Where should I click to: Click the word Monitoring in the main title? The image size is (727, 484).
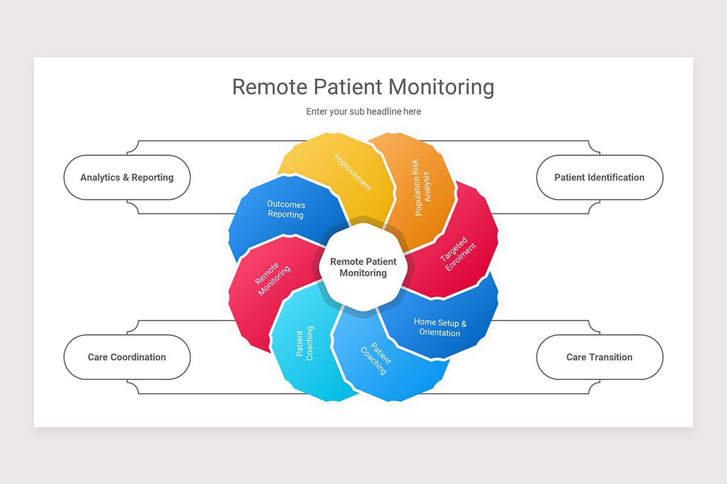pyautogui.click(x=441, y=87)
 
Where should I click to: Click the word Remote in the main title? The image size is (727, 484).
pyautogui.click(x=270, y=87)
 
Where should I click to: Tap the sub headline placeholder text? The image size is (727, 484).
pyautogui.click(x=363, y=111)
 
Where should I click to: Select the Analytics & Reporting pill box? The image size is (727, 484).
pyautogui.click(x=127, y=177)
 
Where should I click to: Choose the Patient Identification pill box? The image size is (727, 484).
pyautogui.click(x=600, y=177)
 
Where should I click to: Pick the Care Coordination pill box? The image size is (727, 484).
pyautogui.click(x=127, y=357)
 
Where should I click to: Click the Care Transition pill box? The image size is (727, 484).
pyautogui.click(x=600, y=357)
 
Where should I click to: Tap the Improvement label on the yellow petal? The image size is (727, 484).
pyautogui.click(x=353, y=172)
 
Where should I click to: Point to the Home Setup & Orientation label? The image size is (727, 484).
pyautogui.click(x=440, y=327)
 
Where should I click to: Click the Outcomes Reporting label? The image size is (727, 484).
pyautogui.click(x=286, y=209)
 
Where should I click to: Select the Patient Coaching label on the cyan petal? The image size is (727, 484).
pyautogui.click(x=305, y=344)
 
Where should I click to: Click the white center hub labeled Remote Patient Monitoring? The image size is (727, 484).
pyautogui.click(x=363, y=267)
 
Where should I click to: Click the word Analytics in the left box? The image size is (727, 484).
pyautogui.click(x=100, y=177)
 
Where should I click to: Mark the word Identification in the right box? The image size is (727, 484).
pyautogui.click(x=613, y=177)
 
